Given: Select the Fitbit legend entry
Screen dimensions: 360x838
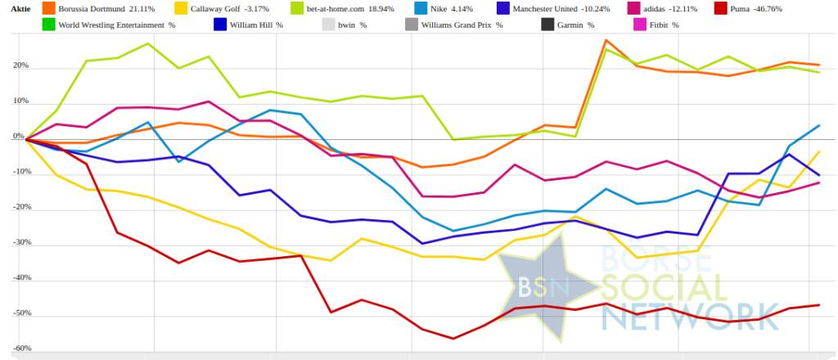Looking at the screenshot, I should click(x=664, y=25).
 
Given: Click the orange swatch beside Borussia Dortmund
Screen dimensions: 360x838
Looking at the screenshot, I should click(x=47, y=9).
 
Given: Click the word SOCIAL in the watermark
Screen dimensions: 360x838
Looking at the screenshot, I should click(x=663, y=288).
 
